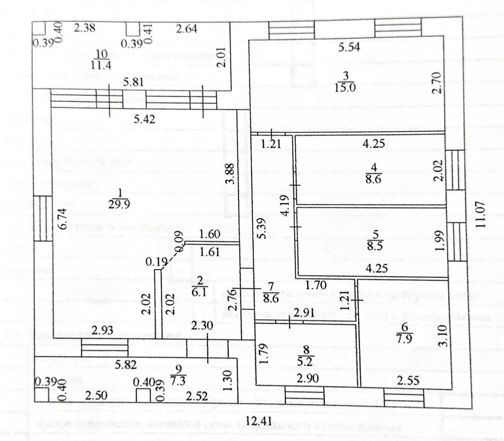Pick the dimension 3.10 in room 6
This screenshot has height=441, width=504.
(442, 337)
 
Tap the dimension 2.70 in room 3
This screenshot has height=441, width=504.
(437, 82)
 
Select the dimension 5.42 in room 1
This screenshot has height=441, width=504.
(144, 119)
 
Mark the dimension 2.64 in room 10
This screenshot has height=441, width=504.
(186, 29)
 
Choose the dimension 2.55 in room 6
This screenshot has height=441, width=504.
(409, 380)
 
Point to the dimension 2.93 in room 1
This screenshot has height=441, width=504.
(102, 330)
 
